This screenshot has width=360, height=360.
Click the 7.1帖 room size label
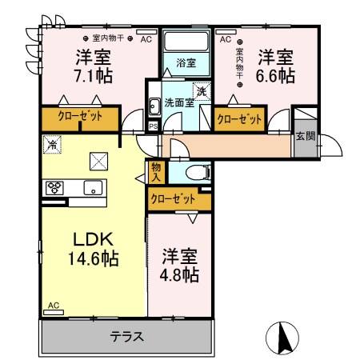point(93,75)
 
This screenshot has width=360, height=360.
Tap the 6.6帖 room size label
point(275,76)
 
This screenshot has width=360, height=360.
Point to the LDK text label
point(94,239)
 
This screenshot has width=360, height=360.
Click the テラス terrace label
point(127,337)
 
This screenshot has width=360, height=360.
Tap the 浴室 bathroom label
point(186,63)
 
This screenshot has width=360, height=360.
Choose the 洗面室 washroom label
point(179,102)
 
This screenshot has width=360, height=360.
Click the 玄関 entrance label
point(306,136)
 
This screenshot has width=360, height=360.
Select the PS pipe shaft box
point(153,126)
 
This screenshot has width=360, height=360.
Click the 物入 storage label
point(156,173)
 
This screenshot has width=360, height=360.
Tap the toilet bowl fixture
point(198,173)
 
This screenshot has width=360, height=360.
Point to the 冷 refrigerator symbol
point(52,144)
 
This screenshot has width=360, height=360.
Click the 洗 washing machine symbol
point(202,91)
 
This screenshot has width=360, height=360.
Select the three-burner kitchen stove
point(54,188)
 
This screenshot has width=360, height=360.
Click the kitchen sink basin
point(93,188)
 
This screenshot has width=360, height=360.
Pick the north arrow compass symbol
point(282,338)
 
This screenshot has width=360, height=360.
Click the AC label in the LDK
point(54,305)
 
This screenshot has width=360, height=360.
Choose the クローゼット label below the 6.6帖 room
point(239,119)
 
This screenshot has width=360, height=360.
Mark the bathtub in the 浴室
point(186,42)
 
